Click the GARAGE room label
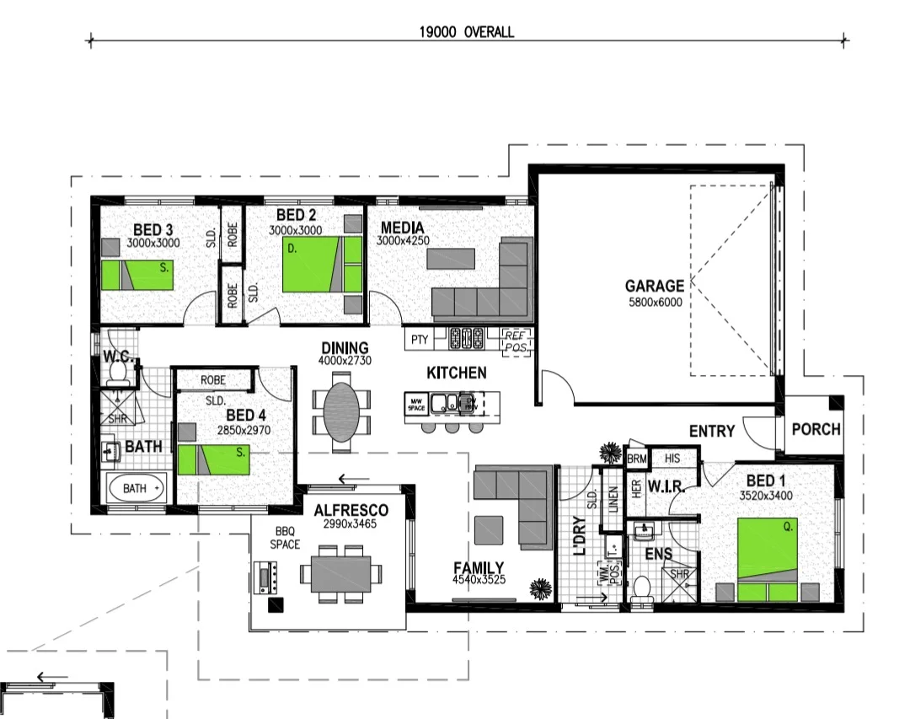point(654,287)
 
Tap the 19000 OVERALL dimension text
point(467,33)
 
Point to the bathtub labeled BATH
point(136,488)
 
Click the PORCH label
point(816,429)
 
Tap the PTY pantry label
point(419,340)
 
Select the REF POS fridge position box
point(515,341)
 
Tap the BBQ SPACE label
point(285,538)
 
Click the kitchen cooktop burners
point(466,339)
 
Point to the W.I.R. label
point(665,486)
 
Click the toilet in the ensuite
point(642,588)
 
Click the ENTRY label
point(712,432)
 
